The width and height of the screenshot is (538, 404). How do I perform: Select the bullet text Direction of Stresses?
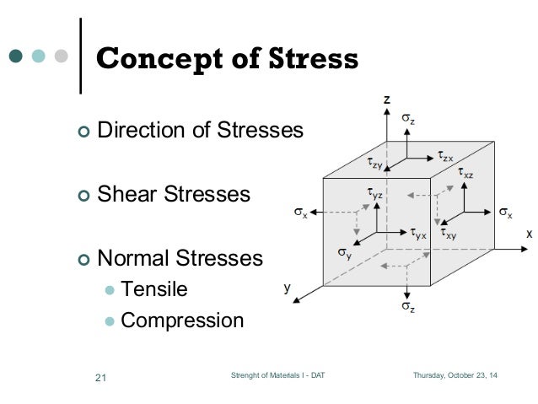(x=199, y=131)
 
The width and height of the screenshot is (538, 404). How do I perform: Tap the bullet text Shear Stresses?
(x=174, y=194)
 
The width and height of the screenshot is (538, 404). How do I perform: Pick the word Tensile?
(x=154, y=289)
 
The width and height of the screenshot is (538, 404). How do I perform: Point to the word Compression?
(x=182, y=321)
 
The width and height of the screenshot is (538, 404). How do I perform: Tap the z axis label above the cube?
(x=386, y=100)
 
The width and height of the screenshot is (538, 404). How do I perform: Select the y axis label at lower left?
(x=287, y=287)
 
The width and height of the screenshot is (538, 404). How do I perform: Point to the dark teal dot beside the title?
(x=16, y=57)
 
